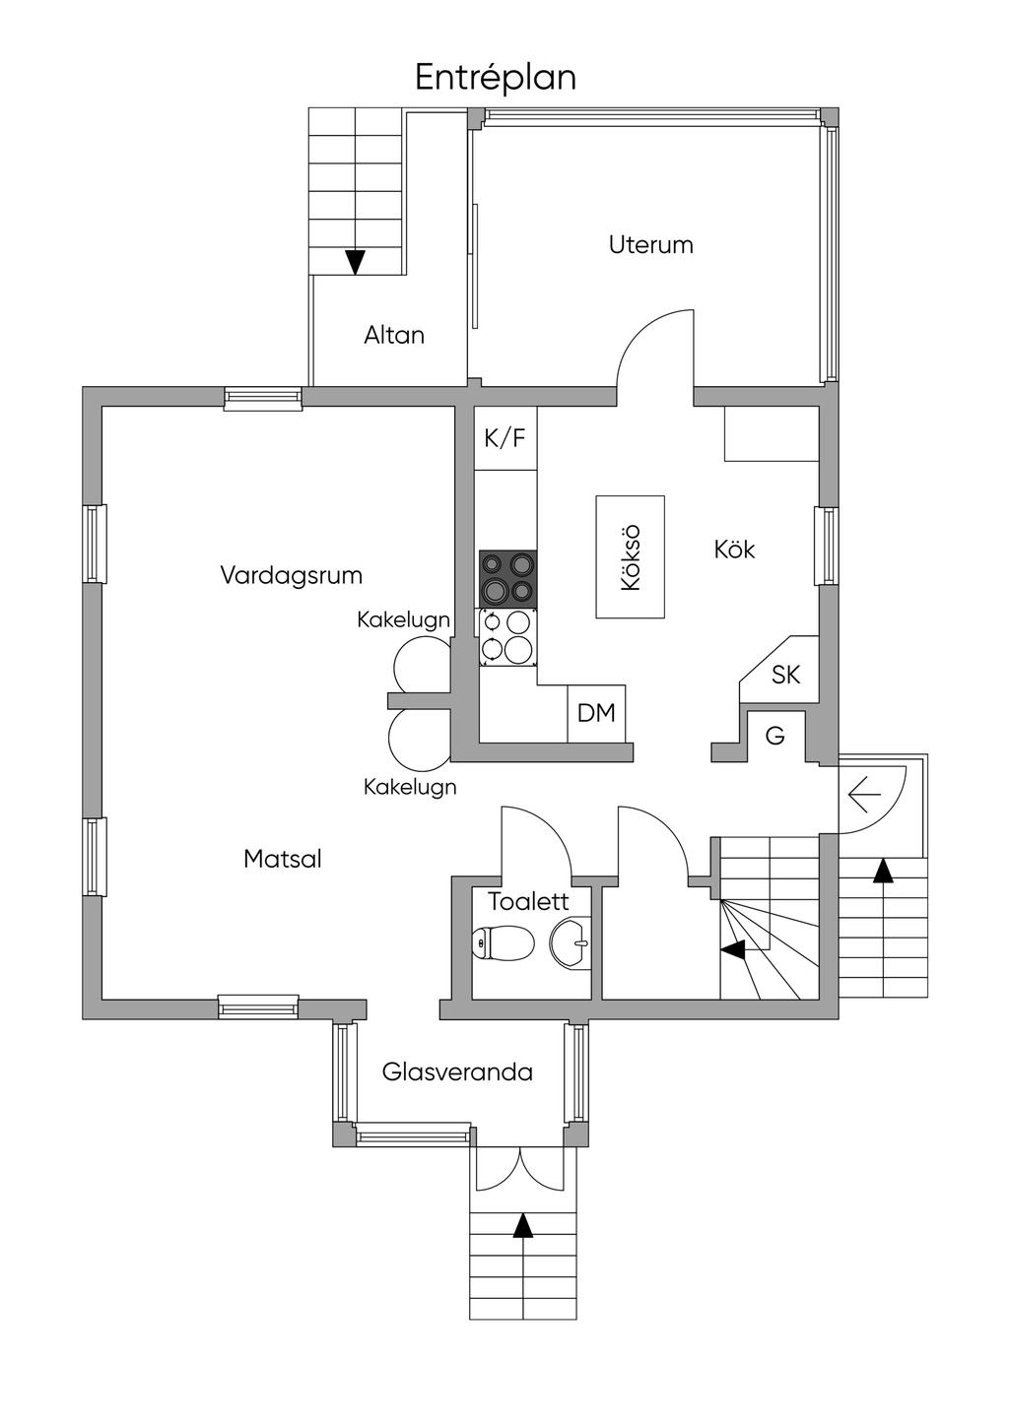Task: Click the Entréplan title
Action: (x=495, y=77)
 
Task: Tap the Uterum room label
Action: (x=650, y=244)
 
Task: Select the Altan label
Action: (x=394, y=335)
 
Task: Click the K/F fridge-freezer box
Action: (x=504, y=438)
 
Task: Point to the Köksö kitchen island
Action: (x=630, y=557)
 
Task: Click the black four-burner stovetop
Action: (x=508, y=578)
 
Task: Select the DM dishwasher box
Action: (x=596, y=713)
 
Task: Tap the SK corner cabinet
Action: (x=785, y=675)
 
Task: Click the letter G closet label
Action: (x=775, y=736)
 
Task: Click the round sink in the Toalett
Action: (x=570, y=942)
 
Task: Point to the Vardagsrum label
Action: (x=291, y=575)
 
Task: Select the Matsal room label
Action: (x=283, y=859)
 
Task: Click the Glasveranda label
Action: (x=457, y=1071)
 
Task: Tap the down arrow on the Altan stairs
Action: (x=355, y=262)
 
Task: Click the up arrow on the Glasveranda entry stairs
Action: (x=523, y=1225)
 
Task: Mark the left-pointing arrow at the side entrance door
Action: (x=863, y=792)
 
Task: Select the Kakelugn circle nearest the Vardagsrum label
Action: (x=422, y=665)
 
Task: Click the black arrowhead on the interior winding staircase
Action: (x=732, y=949)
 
